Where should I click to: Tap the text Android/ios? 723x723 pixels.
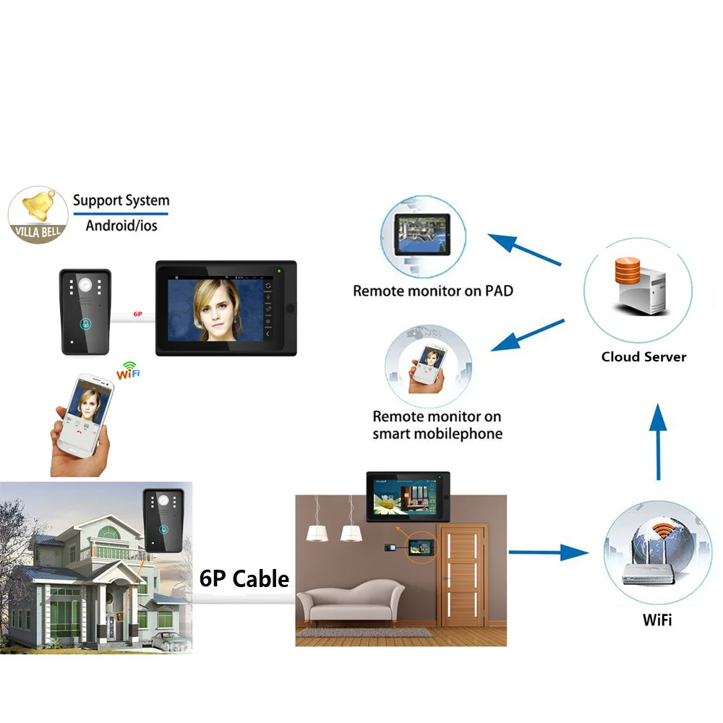[121, 225]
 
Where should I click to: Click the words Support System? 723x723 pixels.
[121, 200]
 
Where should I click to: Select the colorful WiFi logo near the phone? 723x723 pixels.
[129, 370]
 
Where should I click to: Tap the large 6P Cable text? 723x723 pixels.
[244, 578]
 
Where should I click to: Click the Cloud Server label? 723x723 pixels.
[643, 356]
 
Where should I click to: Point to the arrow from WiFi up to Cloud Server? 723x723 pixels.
[658, 441]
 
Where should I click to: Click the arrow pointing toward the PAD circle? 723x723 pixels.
[524, 249]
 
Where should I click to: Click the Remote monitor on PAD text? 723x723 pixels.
[433, 291]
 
